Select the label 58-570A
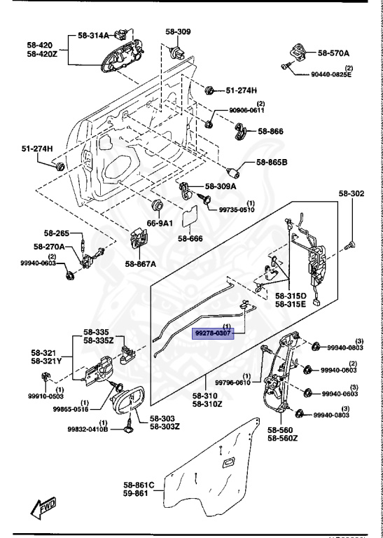pyautogui.click(x=334, y=53)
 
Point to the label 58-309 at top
pyautogui.click(x=178, y=32)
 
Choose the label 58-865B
pyautogui.click(x=272, y=163)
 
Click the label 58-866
pyautogui.click(x=270, y=130)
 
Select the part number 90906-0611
pyautogui.click(x=247, y=110)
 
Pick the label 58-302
pyautogui.click(x=352, y=193)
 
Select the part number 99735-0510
pyautogui.click(x=237, y=209)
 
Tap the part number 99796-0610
pyautogui.click(x=234, y=382)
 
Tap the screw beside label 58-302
pyautogui.click(x=351, y=244)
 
